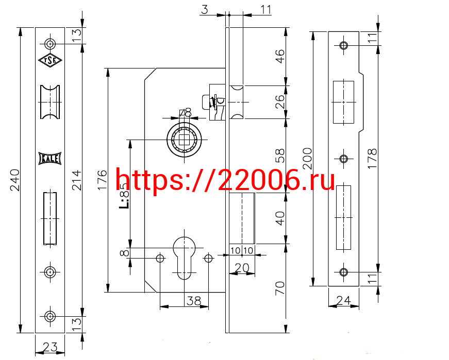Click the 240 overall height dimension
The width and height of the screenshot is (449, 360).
point(14,180)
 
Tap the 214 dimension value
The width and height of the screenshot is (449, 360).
point(77,180)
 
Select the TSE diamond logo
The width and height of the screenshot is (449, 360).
point(50,60)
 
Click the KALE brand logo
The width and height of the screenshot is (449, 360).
point(50,159)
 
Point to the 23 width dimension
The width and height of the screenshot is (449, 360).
point(50,347)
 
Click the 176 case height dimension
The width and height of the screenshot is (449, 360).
point(102,180)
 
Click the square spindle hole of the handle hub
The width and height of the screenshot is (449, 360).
point(184,140)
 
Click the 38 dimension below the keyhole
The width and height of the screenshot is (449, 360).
point(194,301)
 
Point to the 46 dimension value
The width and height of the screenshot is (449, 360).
point(280,56)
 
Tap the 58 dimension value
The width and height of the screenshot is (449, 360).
point(280,156)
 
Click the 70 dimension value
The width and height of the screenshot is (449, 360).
point(280,288)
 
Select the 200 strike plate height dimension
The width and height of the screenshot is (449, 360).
point(307,159)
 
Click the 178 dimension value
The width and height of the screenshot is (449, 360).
point(372,159)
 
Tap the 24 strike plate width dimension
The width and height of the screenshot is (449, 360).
point(343,300)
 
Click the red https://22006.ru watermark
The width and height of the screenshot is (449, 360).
point(225,180)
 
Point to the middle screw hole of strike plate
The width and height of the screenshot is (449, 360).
point(344,159)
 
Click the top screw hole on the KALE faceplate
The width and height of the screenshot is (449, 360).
point(50,44)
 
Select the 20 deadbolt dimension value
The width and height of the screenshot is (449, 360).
point(242,268)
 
